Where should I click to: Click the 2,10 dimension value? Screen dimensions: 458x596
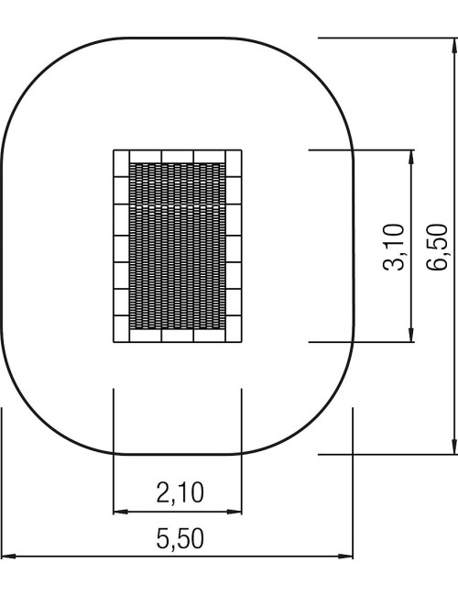click(x=180, y=492)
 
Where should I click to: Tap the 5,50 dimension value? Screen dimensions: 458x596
click(x=180, y=538)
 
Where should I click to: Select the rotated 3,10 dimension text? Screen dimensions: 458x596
click(x=394, y=247)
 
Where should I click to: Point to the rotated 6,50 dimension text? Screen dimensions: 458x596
click(x=437, y=247)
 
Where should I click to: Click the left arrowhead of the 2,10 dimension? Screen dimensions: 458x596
click(x=121, y=512)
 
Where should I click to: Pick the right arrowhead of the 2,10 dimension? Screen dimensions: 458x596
click(x=234, y=512)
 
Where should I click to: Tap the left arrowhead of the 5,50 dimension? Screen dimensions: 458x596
click(x=9, y=556)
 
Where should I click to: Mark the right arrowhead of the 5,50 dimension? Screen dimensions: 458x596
click(x=345, y=556)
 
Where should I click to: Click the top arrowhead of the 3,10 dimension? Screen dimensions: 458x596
click(x=411, y=158)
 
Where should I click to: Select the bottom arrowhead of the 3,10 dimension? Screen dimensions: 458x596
click(x=411, y=335)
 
